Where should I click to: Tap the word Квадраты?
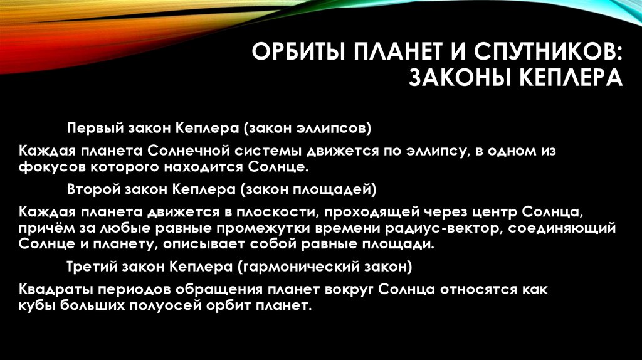coord(55,290)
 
